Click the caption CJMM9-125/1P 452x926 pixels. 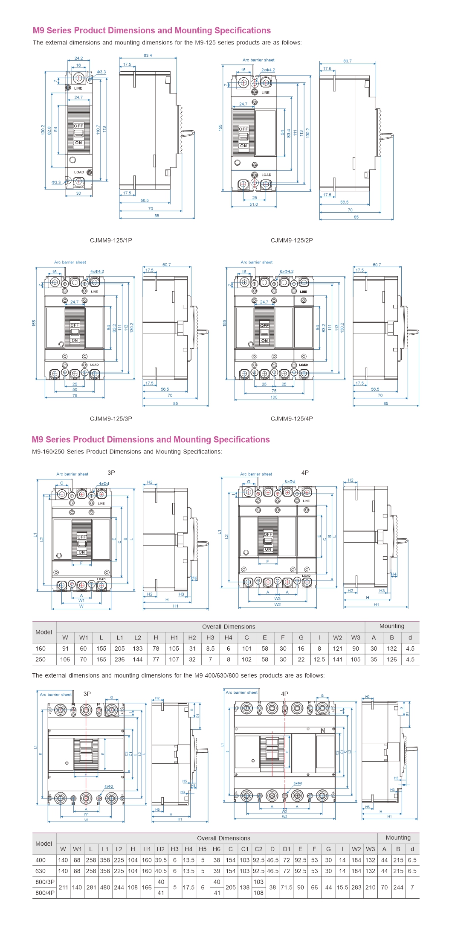(111, 240)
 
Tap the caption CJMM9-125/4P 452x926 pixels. (292, 419)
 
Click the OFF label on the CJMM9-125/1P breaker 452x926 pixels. (78, 126)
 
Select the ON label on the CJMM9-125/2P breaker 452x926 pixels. (243, 146)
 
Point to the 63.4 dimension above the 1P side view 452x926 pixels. (148, 56)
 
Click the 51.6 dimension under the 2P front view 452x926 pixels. (254, 204)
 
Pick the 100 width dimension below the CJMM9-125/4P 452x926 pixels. (274, 397)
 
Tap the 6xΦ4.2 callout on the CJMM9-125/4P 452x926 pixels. (287, 272)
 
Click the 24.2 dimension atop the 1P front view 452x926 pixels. (78, 58)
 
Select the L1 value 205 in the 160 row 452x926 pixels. (119, 648)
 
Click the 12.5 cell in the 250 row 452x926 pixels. (319, 660)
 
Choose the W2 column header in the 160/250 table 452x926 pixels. (337, 638)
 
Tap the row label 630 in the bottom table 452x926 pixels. (41, 871)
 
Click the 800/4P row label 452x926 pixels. (45, 893)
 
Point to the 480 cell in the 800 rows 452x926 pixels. (105, 887)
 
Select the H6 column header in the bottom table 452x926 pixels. (217, 849)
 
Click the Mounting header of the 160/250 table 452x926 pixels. (391, 626)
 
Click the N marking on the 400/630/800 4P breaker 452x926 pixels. (322, 730)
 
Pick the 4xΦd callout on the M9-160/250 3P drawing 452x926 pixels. (104, 484)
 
